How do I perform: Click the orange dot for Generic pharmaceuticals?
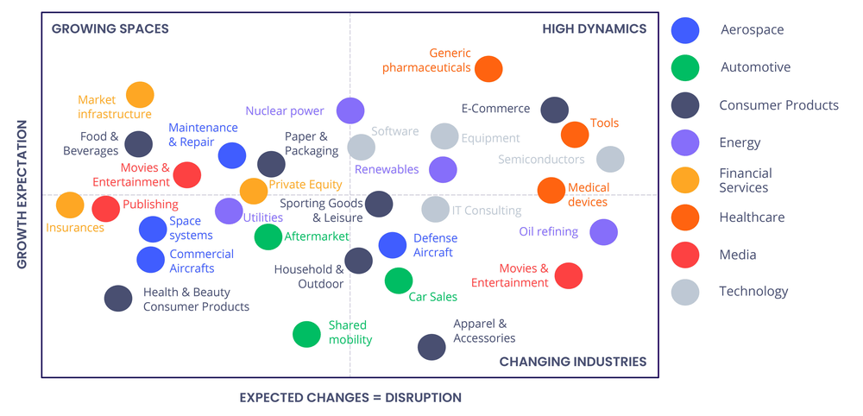pyautogui.click(x=488, y=68)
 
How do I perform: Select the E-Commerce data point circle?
pyautogui.click(x=554, y=110)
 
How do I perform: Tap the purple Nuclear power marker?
pyautogui.click(x=350, y=110)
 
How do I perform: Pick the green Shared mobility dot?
pyautogui.click(x=306, y=334)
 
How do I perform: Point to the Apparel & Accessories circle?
pyautogui.click(x=431, y=347)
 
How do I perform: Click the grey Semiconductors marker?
pyautogui.click(x=609, y=159)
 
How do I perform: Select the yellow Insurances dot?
pyautogui.click(x=70, y=205)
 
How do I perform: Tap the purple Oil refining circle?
pyautogui.click(x=603, y=231)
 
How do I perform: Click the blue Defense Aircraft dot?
pyautogui.click(x=393, y=245)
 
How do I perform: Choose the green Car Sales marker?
pyautogui.click(x=398, y=280)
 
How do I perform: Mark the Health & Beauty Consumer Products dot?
pyautogui.click(x=118, y=299)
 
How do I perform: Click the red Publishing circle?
pyautogui.click(x=105, y=208)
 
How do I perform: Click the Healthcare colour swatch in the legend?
pyautogui.click(x=685, y=217)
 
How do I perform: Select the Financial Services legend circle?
pyautogui.click(x=685, y=180)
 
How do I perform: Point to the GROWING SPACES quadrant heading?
pyautogui.click(x=110, y=29)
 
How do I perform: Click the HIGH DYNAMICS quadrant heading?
pyautogui.click(x=594, y=29)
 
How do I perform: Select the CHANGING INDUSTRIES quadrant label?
pyautogui.click(x=572, y=362)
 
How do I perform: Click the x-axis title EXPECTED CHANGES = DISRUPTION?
pyautogui.click(x=350, y=398)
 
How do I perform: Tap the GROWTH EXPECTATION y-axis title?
pyautogui.click(x=22, y=194)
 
